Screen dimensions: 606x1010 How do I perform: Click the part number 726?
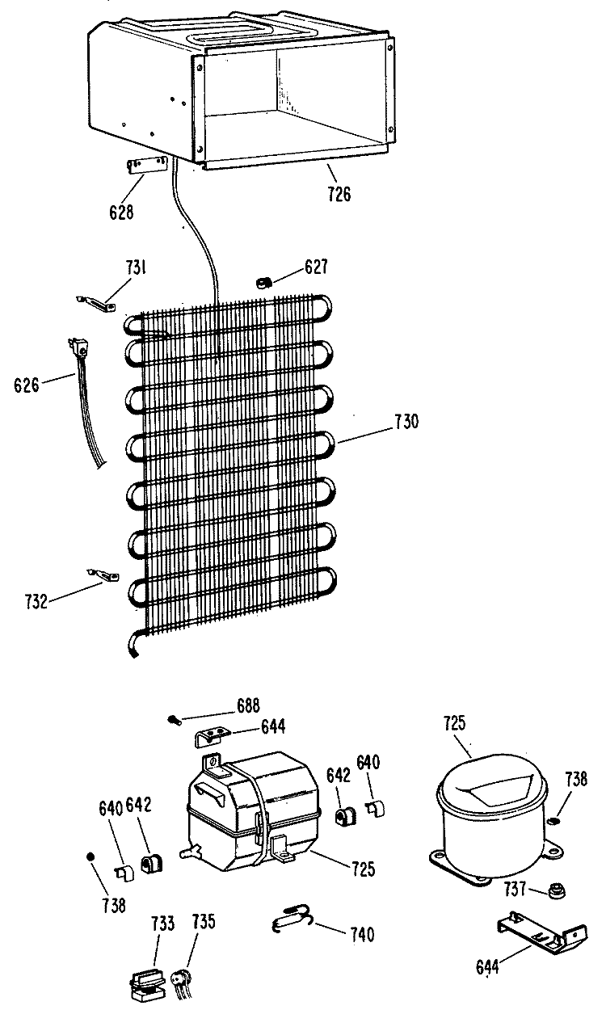(339, 194)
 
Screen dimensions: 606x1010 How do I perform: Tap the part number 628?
(121, 212)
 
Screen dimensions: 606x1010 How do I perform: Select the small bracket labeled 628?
(145, 165)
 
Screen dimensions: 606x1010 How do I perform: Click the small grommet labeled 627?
(262, 283)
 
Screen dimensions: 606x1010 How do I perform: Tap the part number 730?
(406, 422)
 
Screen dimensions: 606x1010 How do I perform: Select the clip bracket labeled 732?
(103, 574)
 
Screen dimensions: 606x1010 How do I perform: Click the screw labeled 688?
(175, 720)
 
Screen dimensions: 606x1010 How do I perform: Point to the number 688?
(248, 705)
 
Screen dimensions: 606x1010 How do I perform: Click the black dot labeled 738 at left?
(90, 856)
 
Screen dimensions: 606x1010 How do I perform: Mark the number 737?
(516, 889)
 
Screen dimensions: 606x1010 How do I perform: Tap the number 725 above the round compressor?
(454, 723)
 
